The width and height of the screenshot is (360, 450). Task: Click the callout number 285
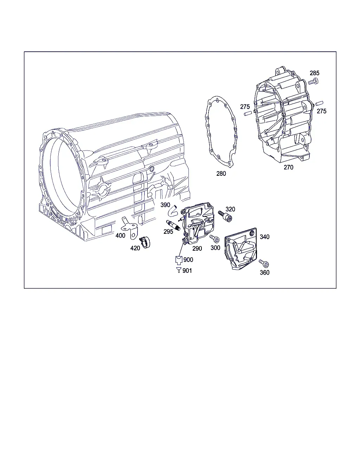(x=314, y=73)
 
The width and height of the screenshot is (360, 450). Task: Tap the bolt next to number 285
(x=313, y=81)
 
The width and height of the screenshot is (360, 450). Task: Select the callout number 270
(x=289, y=167)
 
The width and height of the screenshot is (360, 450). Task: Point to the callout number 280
(x=221, y=174)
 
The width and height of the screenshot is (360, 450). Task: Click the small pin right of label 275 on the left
(x=248, y=114)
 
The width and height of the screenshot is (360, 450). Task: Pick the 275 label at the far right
(x=322, y=111)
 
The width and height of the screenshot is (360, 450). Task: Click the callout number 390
(x=165, y=205)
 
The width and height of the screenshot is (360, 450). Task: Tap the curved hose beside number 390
(x=173, y=211)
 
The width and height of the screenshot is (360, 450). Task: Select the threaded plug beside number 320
(x=225, y=216)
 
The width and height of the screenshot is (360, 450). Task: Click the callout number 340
(x=265, y=237)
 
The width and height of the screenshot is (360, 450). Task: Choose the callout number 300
(x=215, y=248)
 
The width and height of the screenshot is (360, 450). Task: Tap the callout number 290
(x=197, y=249)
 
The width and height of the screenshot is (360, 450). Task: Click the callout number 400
(x=120, y=236)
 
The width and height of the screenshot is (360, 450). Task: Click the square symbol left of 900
(x=179, y=260)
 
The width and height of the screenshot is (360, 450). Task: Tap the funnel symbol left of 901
(x=179, y=270)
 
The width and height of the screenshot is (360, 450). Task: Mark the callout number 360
(x=265, y=273)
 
